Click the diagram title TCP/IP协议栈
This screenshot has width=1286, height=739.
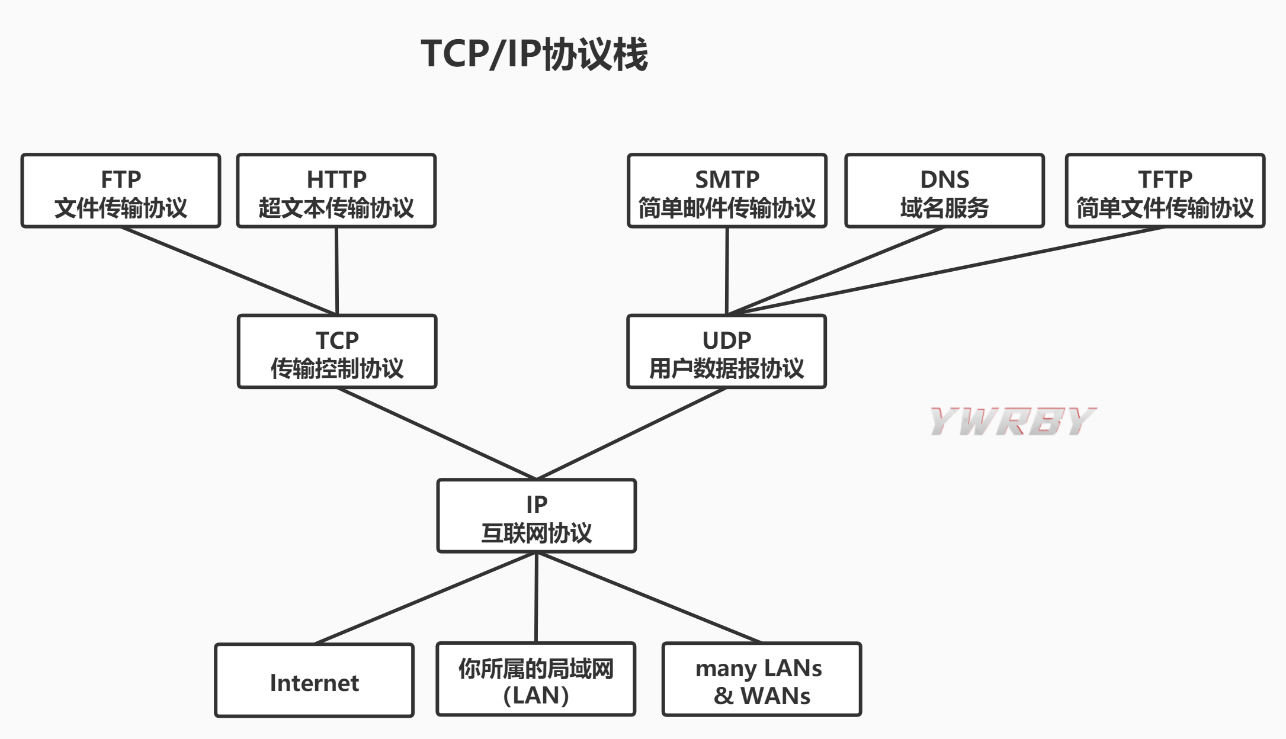[534, 54]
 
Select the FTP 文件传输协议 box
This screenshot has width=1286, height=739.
[121, 191]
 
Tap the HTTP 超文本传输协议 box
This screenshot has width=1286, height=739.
[336, 191]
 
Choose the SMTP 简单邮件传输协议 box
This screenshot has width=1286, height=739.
[727, 191]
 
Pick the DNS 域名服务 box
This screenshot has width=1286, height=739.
[944, 191]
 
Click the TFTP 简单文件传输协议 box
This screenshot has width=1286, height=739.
[1165, 191]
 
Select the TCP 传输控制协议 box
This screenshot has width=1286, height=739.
[337, 352]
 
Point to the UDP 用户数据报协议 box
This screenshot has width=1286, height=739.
[726, 352]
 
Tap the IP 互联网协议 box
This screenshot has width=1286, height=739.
[537, 516]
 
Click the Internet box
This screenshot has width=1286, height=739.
[314, 680]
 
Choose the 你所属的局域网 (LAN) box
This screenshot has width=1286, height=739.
[536, 680]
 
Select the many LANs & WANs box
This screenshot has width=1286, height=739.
[761, 680]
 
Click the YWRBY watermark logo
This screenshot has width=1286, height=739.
[1012, 422]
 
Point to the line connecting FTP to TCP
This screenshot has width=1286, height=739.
[229, 271]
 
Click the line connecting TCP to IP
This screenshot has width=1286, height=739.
[437, 433]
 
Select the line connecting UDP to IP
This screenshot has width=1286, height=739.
[631, 433]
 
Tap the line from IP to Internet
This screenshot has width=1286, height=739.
[425, 598]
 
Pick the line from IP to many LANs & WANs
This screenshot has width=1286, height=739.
[649, 598]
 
